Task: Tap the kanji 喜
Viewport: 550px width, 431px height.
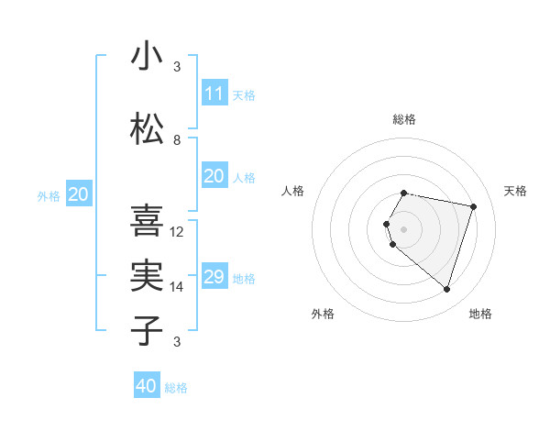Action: click(147, 221)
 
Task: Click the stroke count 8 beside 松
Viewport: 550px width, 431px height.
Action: click(177, 140)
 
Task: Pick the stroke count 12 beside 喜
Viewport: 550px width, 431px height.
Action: click(178, 232)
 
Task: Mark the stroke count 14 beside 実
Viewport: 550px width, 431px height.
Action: click(178, 287)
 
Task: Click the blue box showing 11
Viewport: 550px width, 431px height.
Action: click(214, 94)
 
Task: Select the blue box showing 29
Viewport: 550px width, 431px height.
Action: click(214, 277)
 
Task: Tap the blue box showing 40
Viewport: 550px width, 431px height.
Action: click(147, 386)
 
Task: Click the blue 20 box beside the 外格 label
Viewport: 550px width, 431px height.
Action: click(79, 194)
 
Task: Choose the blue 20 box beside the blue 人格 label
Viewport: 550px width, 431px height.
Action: click(214, 176)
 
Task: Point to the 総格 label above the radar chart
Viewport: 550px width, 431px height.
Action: click(404, 119)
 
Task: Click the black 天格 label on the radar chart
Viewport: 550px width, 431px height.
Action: click(515, 191)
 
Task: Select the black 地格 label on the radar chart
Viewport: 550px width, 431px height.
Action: click(480, 314)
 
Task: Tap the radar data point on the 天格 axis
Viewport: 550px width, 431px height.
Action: click(474, 206)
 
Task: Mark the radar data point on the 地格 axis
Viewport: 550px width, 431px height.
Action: click(446, 289)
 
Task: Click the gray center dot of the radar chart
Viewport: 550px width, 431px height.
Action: click(404, 228)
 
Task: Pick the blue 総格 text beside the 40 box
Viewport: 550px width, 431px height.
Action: click(177, 388)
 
